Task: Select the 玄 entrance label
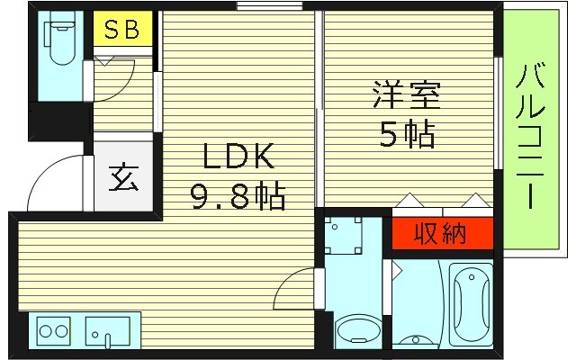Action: (124, 177)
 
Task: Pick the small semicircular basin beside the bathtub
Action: (414, 341)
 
